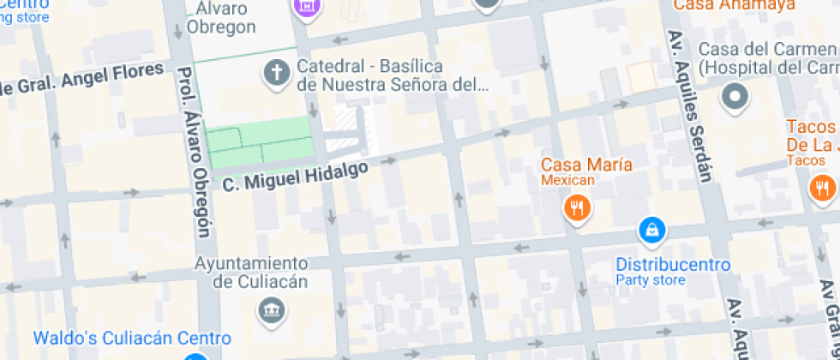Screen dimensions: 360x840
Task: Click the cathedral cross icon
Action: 277,75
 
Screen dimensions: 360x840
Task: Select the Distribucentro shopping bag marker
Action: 652,230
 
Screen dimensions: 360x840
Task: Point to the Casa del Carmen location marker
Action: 735,98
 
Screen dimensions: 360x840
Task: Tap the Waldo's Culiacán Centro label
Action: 132,339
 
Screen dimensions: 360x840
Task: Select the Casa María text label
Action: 586,165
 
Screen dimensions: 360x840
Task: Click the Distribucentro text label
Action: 673,265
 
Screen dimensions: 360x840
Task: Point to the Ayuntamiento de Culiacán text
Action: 251,272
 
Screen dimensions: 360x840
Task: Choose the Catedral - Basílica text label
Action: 393,75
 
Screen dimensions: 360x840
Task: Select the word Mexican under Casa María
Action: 567,181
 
